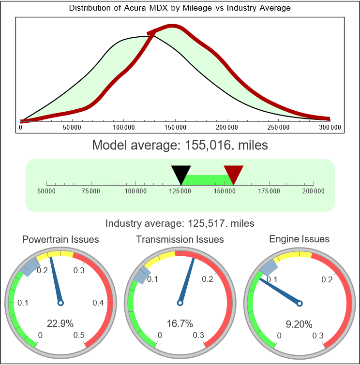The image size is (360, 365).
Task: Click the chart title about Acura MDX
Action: coord(180,8)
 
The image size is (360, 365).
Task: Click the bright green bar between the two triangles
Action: coord(207,179)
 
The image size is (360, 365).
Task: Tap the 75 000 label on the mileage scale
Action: coord(91,191)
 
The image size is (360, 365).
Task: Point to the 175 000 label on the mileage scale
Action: coord(269,191)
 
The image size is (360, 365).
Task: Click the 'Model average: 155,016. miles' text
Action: coord(180,145)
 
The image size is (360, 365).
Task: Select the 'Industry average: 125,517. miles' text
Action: coord(180,223)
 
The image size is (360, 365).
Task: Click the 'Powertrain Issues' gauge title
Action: coord(60,239)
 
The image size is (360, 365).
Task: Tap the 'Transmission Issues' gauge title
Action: coord(180,239)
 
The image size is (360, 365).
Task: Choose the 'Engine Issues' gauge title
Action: coord(299,239)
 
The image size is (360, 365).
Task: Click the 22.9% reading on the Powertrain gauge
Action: coord(60,323)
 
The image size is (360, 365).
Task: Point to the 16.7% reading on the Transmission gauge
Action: coord(180,323)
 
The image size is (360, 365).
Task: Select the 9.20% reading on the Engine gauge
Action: coord(299,323)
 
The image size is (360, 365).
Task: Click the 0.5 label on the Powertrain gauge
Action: coord(79,336)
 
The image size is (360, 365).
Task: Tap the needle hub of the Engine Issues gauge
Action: coord(300,303)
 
